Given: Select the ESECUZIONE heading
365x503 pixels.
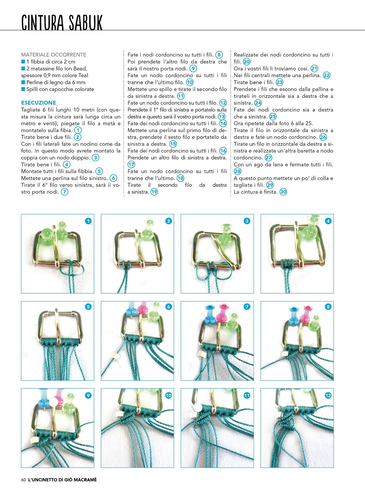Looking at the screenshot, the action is pyautogui.click(x=38, y=103).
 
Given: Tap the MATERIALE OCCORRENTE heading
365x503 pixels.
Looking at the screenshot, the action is pyautogui.click(x=54, y=54).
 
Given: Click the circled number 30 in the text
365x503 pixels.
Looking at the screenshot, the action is pyautogui.click(x=283, y=192).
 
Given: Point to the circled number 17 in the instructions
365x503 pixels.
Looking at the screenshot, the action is pyautogui.click(x=131, y=164).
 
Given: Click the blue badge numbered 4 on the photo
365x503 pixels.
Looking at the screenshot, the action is pyautogui.click(x=328, y=221).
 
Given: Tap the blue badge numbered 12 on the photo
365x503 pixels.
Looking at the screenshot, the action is pyautogui.click(x=328, y=395).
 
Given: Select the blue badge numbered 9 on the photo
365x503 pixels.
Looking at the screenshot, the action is pyautogui.click(x=88, y=395).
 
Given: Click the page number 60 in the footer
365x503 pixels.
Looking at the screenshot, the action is pyautogui.click(x=24, y=480).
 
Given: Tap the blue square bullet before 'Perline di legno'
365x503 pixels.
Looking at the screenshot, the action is pyautogui.click(x=23, y=82).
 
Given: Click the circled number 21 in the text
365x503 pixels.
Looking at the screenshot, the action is pyautogui.click(x=314, y=68).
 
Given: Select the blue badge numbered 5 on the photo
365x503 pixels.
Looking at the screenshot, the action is pyautogui.click(x=88, y=307).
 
